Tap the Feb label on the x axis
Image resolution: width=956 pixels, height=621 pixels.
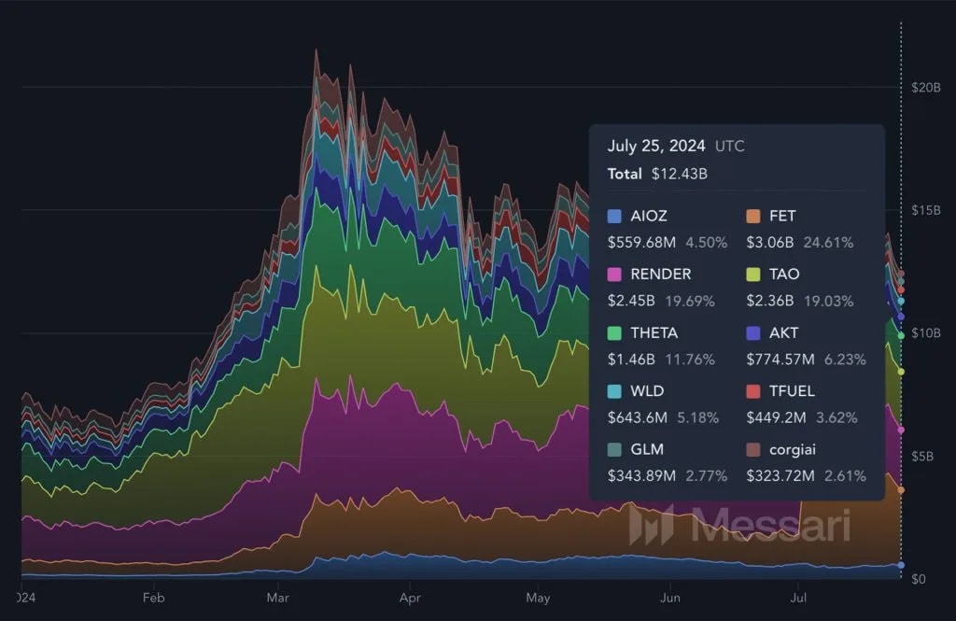pos(154,596)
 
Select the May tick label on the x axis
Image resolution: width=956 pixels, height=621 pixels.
pos(538,596)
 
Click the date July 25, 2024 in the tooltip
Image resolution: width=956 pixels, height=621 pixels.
pos(657,146)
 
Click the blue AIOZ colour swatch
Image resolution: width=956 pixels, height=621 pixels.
pos(614,216)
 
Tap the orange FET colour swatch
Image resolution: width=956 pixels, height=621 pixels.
pos(753,216)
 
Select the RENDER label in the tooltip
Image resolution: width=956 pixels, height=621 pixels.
pos(661,275)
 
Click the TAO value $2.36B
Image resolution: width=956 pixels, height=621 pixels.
pos(770,301)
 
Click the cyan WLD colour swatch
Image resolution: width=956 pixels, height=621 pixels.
pos(614,391)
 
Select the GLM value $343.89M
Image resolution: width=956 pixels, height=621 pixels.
pos(641,476)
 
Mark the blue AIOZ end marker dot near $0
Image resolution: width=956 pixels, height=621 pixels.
pos(901,566)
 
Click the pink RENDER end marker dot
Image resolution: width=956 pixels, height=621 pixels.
pos(901,430)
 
